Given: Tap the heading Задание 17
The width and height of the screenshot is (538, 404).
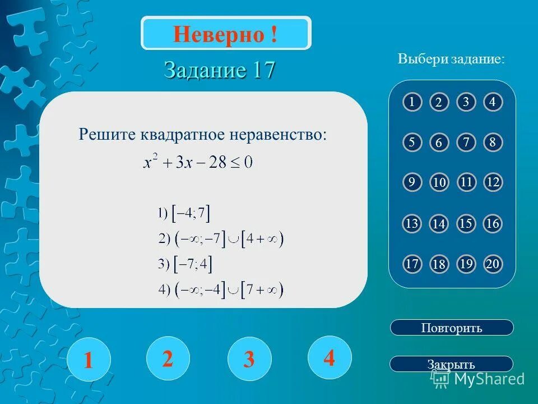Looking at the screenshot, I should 220,70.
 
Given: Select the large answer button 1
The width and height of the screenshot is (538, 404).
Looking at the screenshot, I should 88,359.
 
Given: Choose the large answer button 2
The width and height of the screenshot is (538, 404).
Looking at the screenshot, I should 168,358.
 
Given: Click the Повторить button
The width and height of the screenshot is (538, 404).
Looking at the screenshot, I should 451,328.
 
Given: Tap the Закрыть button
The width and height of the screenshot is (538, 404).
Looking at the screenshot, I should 451,364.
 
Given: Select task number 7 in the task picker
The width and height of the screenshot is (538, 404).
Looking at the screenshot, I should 466,143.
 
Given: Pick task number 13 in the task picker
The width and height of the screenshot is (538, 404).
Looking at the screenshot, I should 412,224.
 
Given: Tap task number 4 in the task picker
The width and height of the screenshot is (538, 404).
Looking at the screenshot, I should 493,102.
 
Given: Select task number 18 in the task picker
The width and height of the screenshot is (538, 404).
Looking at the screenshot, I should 439,265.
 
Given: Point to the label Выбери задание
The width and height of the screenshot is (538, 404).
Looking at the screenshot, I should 451,59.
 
